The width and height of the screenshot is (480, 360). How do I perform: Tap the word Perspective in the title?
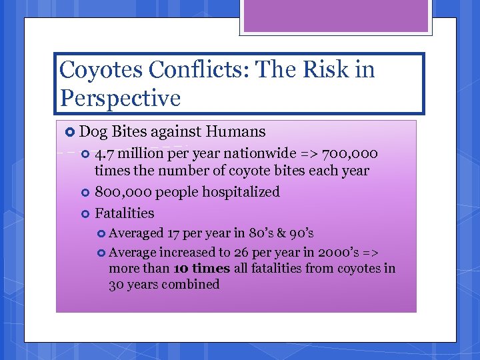120,99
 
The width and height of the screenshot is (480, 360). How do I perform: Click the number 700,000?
349,154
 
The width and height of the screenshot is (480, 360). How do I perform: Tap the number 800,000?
123,192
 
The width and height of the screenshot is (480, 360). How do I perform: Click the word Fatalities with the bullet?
125,213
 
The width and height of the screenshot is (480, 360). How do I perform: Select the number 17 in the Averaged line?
175,233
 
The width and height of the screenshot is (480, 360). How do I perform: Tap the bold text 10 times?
201,269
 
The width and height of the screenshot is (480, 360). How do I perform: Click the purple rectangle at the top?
336,15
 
